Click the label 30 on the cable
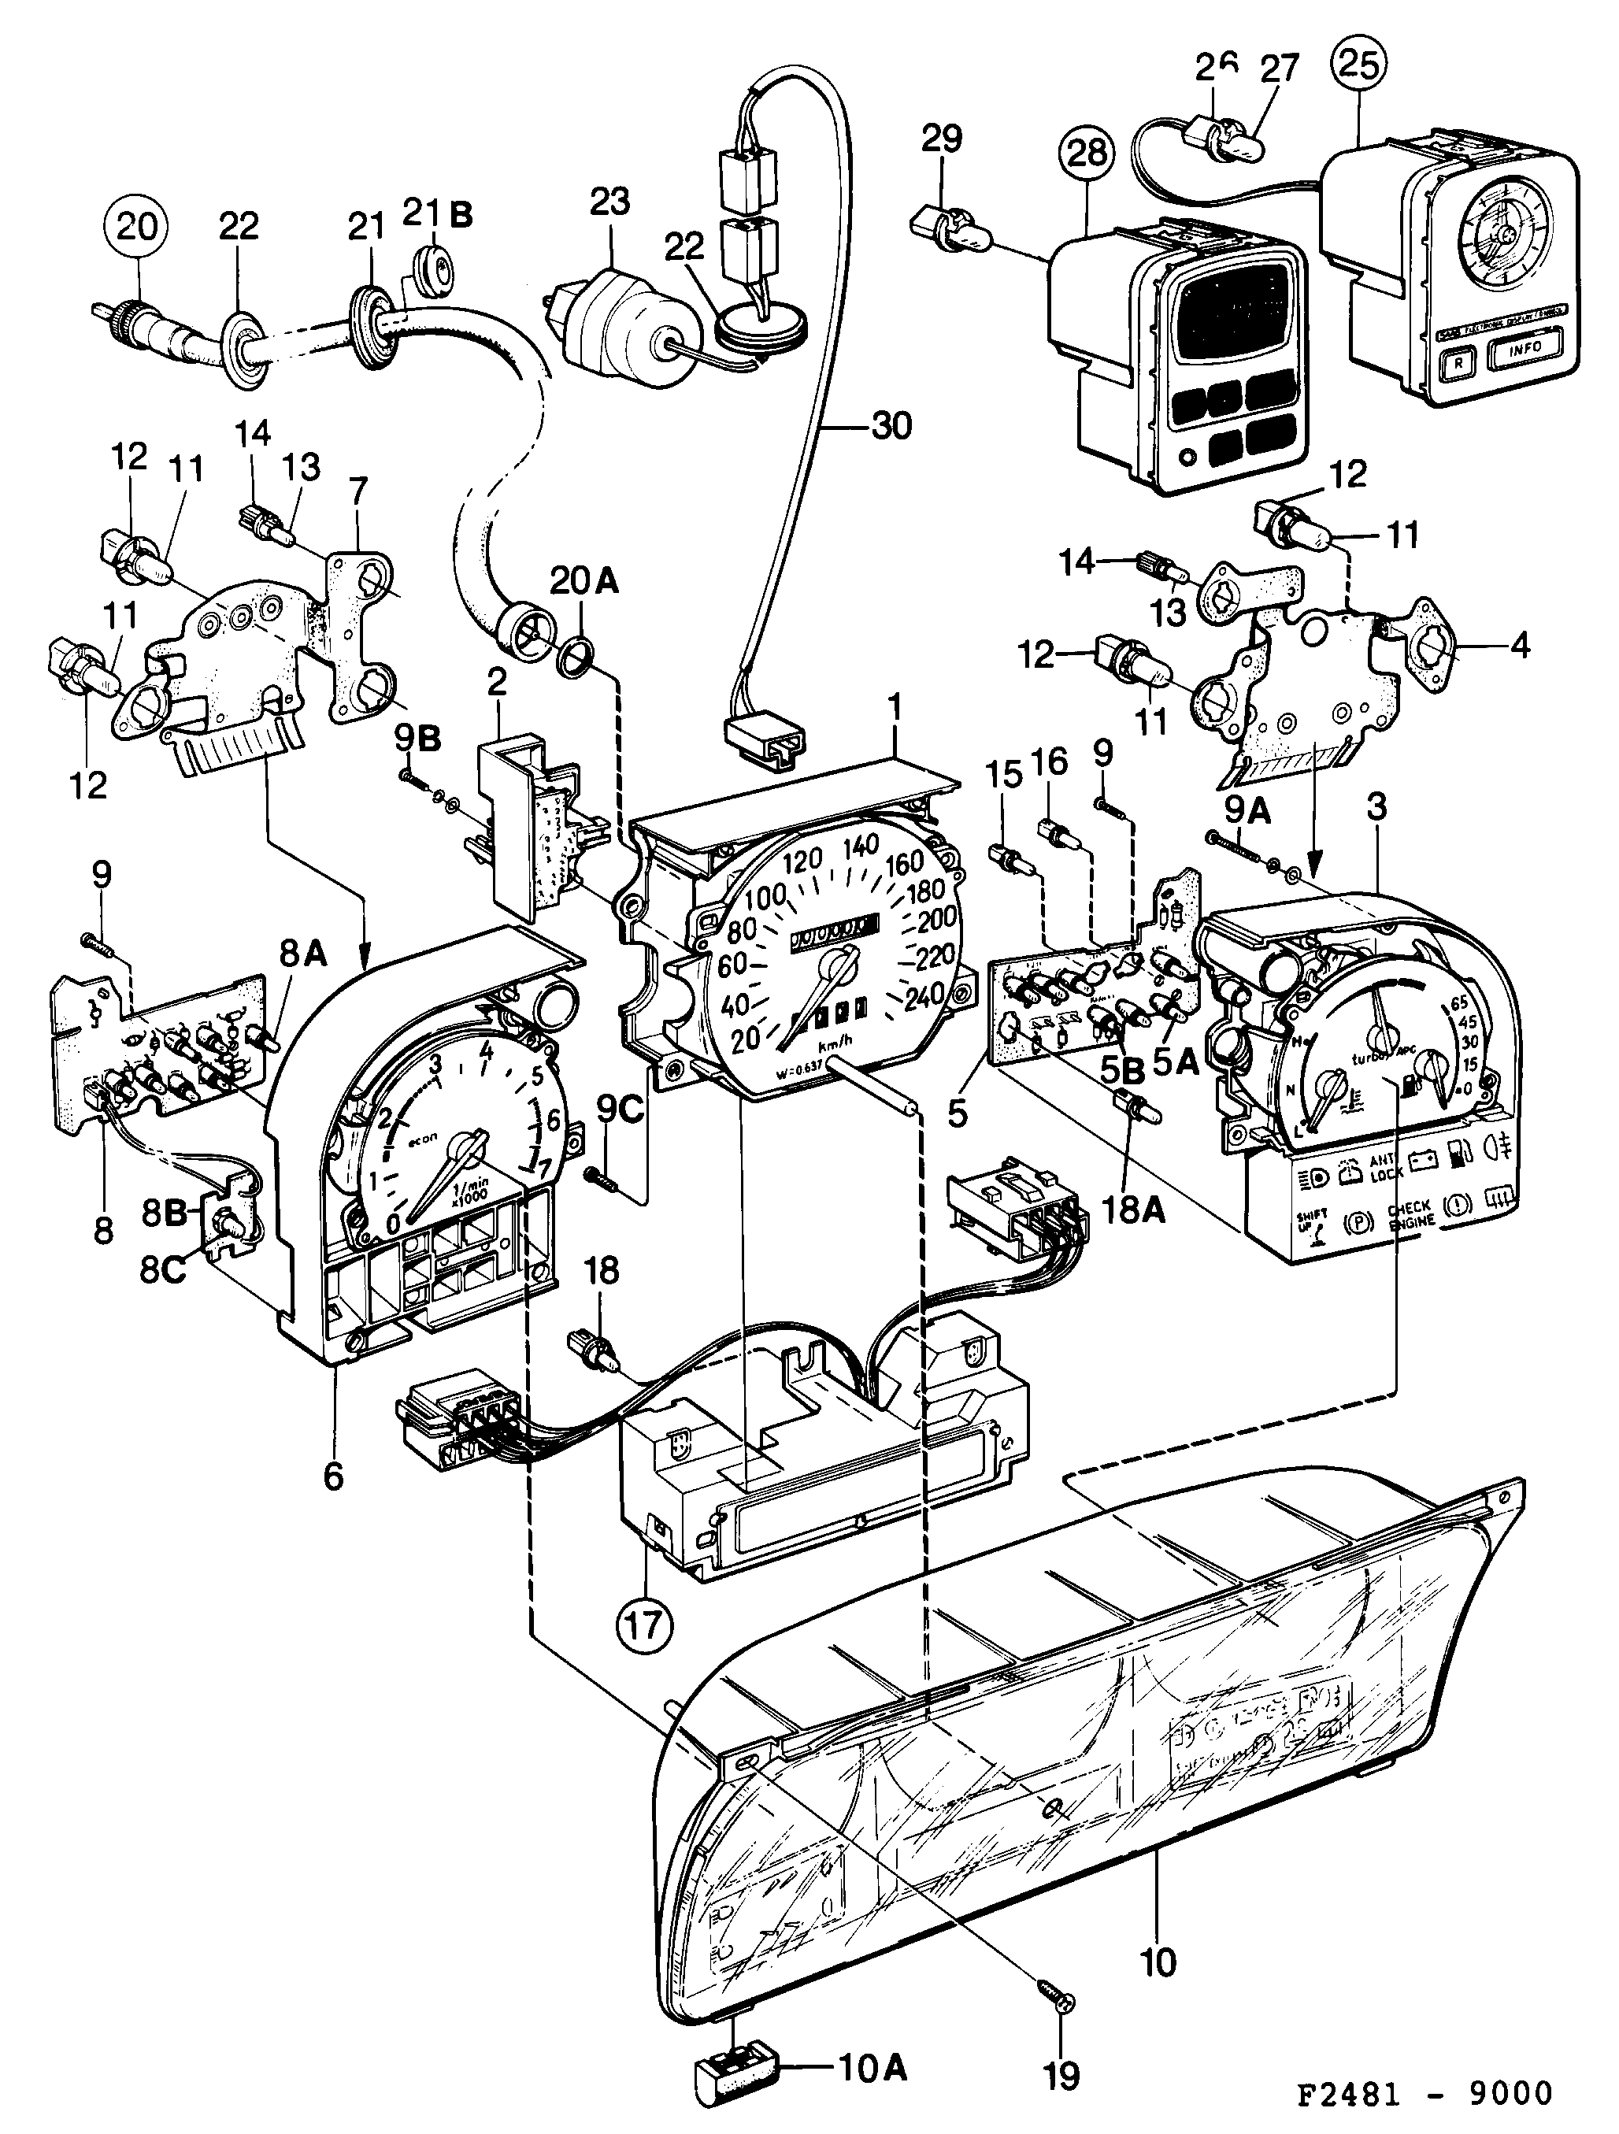pos(890,425)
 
